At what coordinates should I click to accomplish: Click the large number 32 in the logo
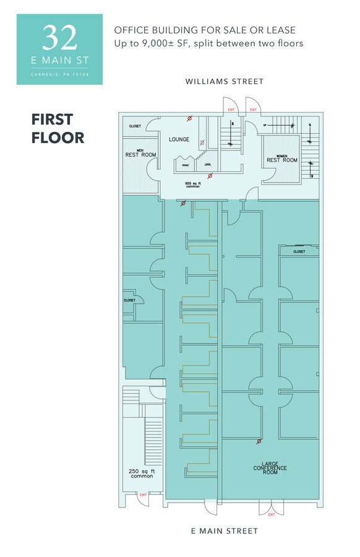point(60,38)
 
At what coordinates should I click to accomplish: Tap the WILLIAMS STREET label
point(225,82)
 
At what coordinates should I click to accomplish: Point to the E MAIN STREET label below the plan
point(225,531)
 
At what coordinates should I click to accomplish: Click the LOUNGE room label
point(179,140)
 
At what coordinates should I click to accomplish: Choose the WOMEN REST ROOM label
point(281,158)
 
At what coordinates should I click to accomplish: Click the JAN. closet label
point(208,165)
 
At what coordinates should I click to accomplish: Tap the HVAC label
point(185,165)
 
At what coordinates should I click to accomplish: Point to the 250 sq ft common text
point(142,474)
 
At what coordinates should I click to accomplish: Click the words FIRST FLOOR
point(58,128)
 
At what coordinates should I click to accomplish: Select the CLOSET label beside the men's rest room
point(135,126)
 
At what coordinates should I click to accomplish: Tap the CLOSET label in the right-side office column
point(299,252)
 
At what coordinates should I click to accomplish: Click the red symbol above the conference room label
point(259,441)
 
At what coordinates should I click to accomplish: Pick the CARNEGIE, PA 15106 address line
point(59,75)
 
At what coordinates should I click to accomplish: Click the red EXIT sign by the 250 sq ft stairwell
point(143,494)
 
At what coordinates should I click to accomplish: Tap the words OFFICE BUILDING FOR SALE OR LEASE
point(204,30)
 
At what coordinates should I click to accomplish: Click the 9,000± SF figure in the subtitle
point(162,43)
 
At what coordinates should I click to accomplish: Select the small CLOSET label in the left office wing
point(129,300)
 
